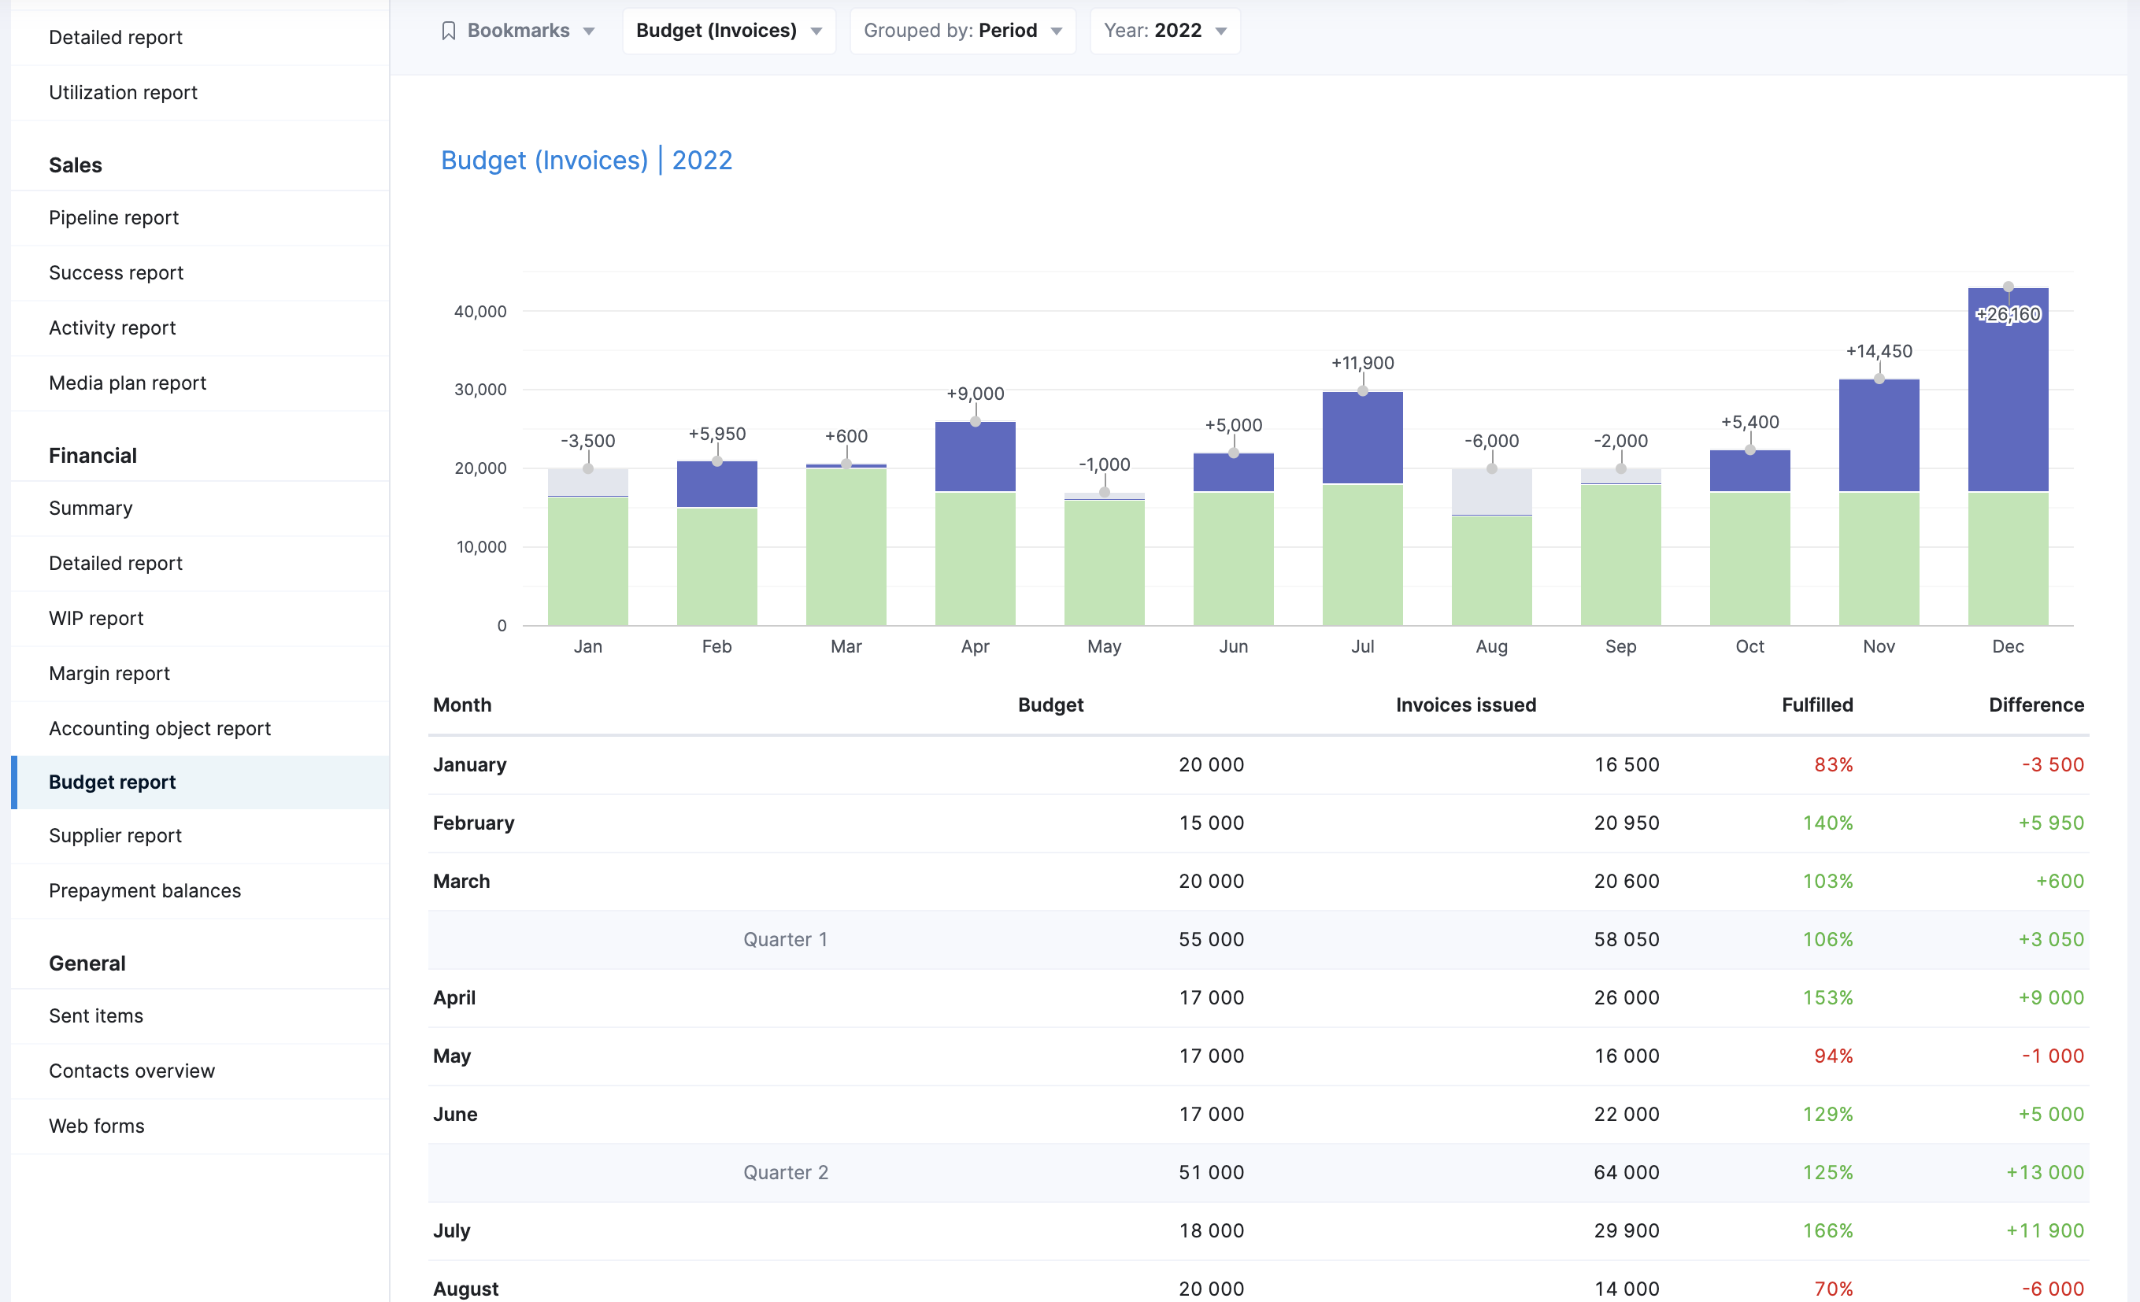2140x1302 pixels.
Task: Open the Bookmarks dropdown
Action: click(x=519, y=31)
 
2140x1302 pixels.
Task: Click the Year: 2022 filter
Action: click(x=1164, y=31)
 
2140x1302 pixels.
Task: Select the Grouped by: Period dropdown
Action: click(x=962, y=31)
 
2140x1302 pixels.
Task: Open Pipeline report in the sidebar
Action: click(x=114, y=217)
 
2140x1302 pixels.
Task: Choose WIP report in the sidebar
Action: click(x=96, y=619)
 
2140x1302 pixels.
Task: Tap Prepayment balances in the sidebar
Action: click(x=145, y=890)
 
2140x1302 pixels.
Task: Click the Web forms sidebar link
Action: click(x=96, y=1126)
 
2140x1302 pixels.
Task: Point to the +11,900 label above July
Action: click(x=1363, y=363)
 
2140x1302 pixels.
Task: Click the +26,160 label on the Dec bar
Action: click(x=2008, y=314)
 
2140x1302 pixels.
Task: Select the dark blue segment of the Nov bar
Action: click(x=1879, y=436)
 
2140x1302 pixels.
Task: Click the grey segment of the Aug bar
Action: click(x=1491, y=492)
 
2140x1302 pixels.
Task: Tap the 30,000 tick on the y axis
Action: click(x=480, y=389)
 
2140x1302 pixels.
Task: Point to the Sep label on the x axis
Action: click(x=1620, y=646)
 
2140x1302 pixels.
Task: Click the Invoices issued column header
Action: click(x=1466, y=705)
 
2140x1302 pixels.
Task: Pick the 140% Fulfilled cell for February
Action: click(x=1827, y=823)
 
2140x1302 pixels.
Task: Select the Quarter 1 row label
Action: click(x=785, y=940)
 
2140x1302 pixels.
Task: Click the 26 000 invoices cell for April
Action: click(x=1626, y=998)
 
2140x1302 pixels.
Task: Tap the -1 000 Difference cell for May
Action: click(x=2053, y=1056)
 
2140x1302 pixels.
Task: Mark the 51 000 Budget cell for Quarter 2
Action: click(x=1211, y=1173)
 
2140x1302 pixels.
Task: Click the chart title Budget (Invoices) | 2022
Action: click(x=587, y=160)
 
